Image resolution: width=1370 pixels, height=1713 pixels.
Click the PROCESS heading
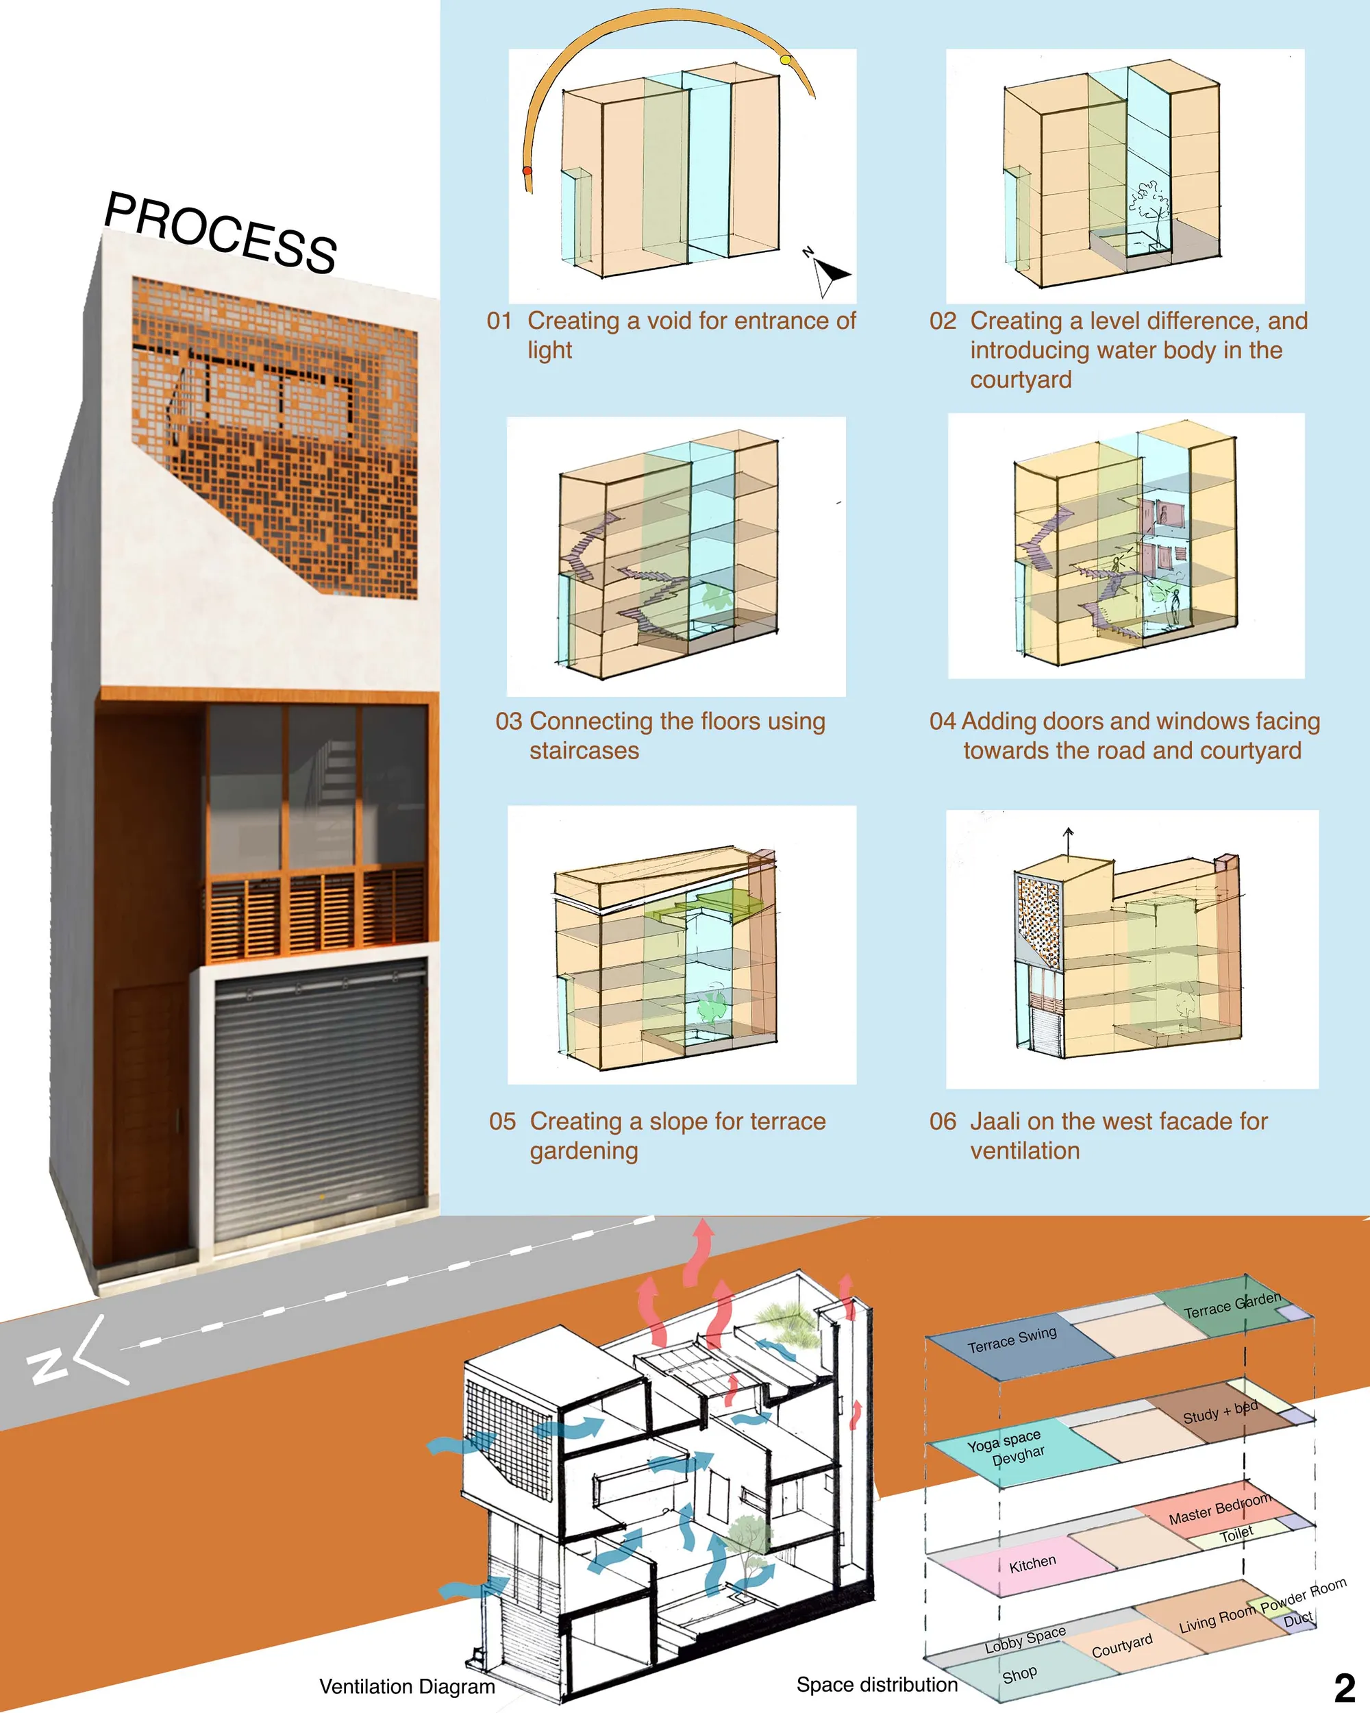point(221,232)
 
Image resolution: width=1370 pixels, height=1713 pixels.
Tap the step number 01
point(499,321)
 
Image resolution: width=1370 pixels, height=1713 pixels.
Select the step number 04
point(943,722)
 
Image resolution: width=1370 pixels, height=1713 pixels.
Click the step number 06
point(943,1121)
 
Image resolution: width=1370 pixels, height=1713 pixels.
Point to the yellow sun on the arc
point(786,60)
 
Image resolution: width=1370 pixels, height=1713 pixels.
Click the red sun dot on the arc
point(527,171)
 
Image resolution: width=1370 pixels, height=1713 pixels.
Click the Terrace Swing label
point(1012,1340)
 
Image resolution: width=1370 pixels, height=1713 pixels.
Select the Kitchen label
point(1032,1564)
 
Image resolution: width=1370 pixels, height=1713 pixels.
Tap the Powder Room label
point(1304,1595)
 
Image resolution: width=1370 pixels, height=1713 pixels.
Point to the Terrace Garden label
point(1232,1305)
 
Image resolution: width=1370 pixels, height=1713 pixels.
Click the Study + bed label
point(1220,1412)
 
